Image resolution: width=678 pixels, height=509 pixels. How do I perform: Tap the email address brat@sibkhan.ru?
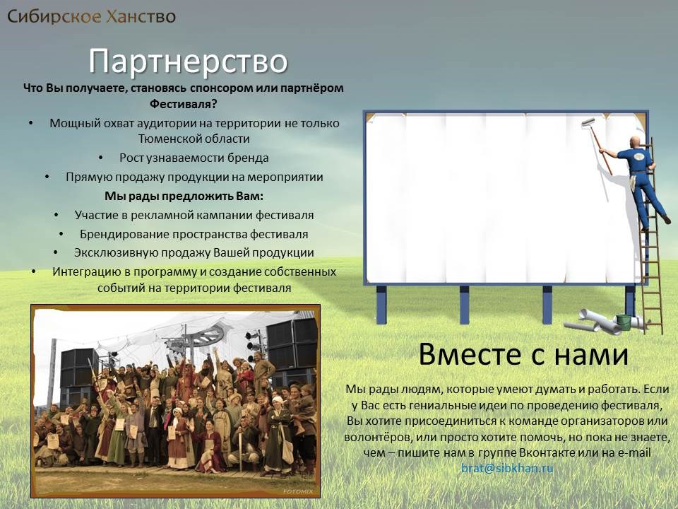(x=507, y=468)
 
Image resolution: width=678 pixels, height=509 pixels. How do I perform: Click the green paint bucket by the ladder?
(x=623, y=321)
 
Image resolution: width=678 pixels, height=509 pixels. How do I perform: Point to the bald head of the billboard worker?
(x=635, y=142)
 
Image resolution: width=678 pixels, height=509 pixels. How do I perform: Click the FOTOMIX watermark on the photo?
(x=298, y=492)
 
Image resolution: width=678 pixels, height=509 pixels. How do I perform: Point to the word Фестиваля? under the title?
(x=184, y=105)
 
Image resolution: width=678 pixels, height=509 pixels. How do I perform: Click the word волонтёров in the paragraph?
(x=377, y=437)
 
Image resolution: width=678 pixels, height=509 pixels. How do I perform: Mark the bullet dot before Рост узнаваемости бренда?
(x=101, y=158)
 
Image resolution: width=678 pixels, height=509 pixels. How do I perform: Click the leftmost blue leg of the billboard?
(x=381, y=305)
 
